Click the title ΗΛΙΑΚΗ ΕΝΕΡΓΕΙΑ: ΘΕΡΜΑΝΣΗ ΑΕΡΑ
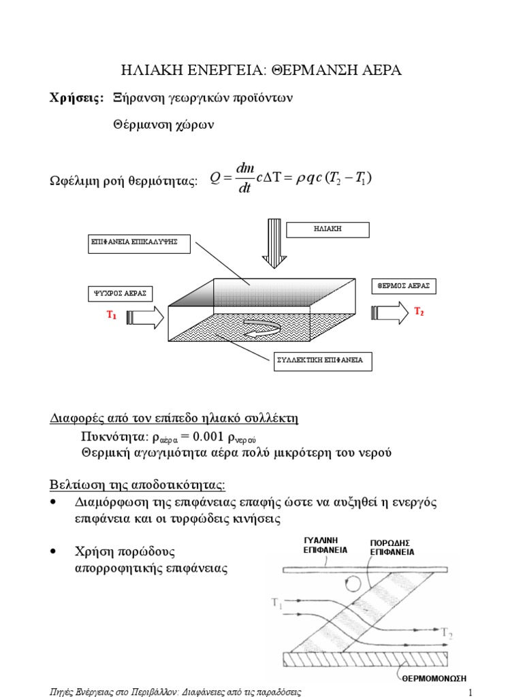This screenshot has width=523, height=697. (x=261, y=70)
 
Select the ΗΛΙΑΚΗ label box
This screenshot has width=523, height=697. (x=328, y=229)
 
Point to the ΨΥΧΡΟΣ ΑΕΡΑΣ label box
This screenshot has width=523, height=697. (x=119, y=294)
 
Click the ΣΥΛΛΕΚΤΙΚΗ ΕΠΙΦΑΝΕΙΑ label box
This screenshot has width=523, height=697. (x=318, y=360)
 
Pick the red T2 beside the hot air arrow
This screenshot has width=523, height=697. (x=419, y=312)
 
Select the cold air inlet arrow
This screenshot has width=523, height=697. (x=145, y=317)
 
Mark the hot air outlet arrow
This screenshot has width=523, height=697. (x=388, y=312)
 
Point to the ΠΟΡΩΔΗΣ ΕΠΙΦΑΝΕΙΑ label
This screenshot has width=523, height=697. (x=392, y=547)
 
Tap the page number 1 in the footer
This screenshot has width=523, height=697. (x=470, y=692)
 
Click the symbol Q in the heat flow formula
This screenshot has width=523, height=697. (x=216, y=178)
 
